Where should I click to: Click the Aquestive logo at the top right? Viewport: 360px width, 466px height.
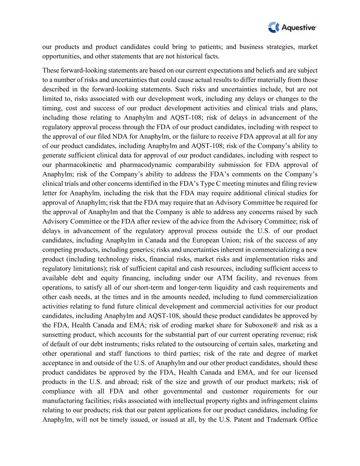coord(292,27)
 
